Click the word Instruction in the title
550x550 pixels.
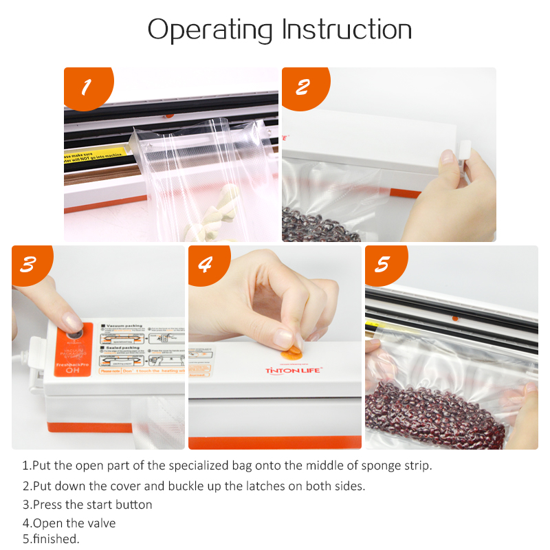click(x=347, y=30)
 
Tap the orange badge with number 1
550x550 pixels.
click(x=86, y=87)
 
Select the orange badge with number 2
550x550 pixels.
click(x=302, y=87)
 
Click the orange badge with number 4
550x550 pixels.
click(x=204, y=264)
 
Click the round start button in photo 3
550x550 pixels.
click(x=72, y=335)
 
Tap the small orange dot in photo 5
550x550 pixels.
click(x=454, y=318)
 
